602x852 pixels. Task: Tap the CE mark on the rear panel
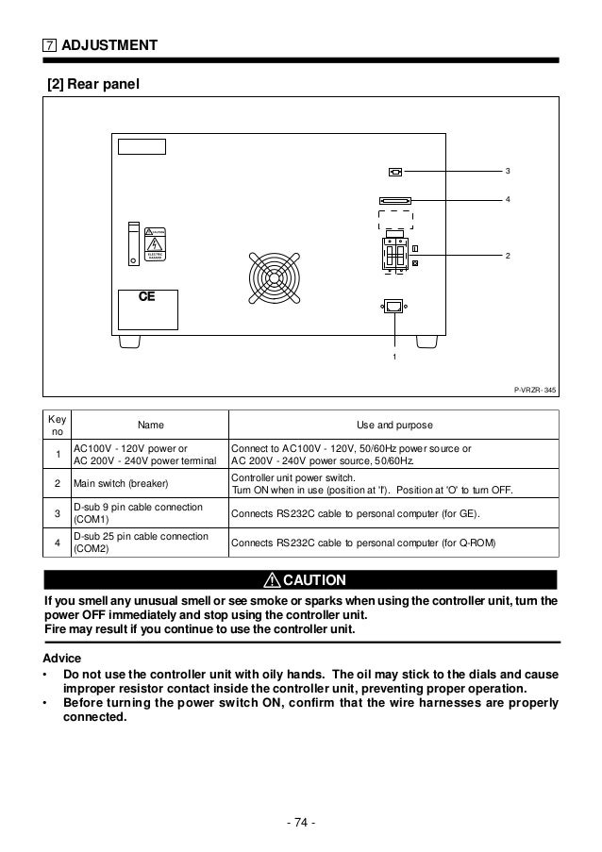coord(146,296)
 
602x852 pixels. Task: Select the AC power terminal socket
coord(393,306)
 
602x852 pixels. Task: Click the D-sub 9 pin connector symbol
coord(395,172)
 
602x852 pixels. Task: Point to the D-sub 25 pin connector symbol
coord(395,200)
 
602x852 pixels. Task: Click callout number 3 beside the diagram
coord(508,171)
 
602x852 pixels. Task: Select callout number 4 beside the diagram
coord(508,200)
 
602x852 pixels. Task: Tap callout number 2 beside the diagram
coord(508,257)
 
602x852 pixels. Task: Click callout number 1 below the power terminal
coord(393,359)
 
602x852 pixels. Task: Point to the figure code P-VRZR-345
coord(535,388)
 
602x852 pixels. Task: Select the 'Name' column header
coord(150,426)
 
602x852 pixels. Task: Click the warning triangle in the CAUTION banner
coord(271,579)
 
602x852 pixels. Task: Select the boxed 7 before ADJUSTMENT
coord(48,45)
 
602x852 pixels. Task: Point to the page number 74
coord(300,821)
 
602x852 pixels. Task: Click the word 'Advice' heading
coord(64,657)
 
